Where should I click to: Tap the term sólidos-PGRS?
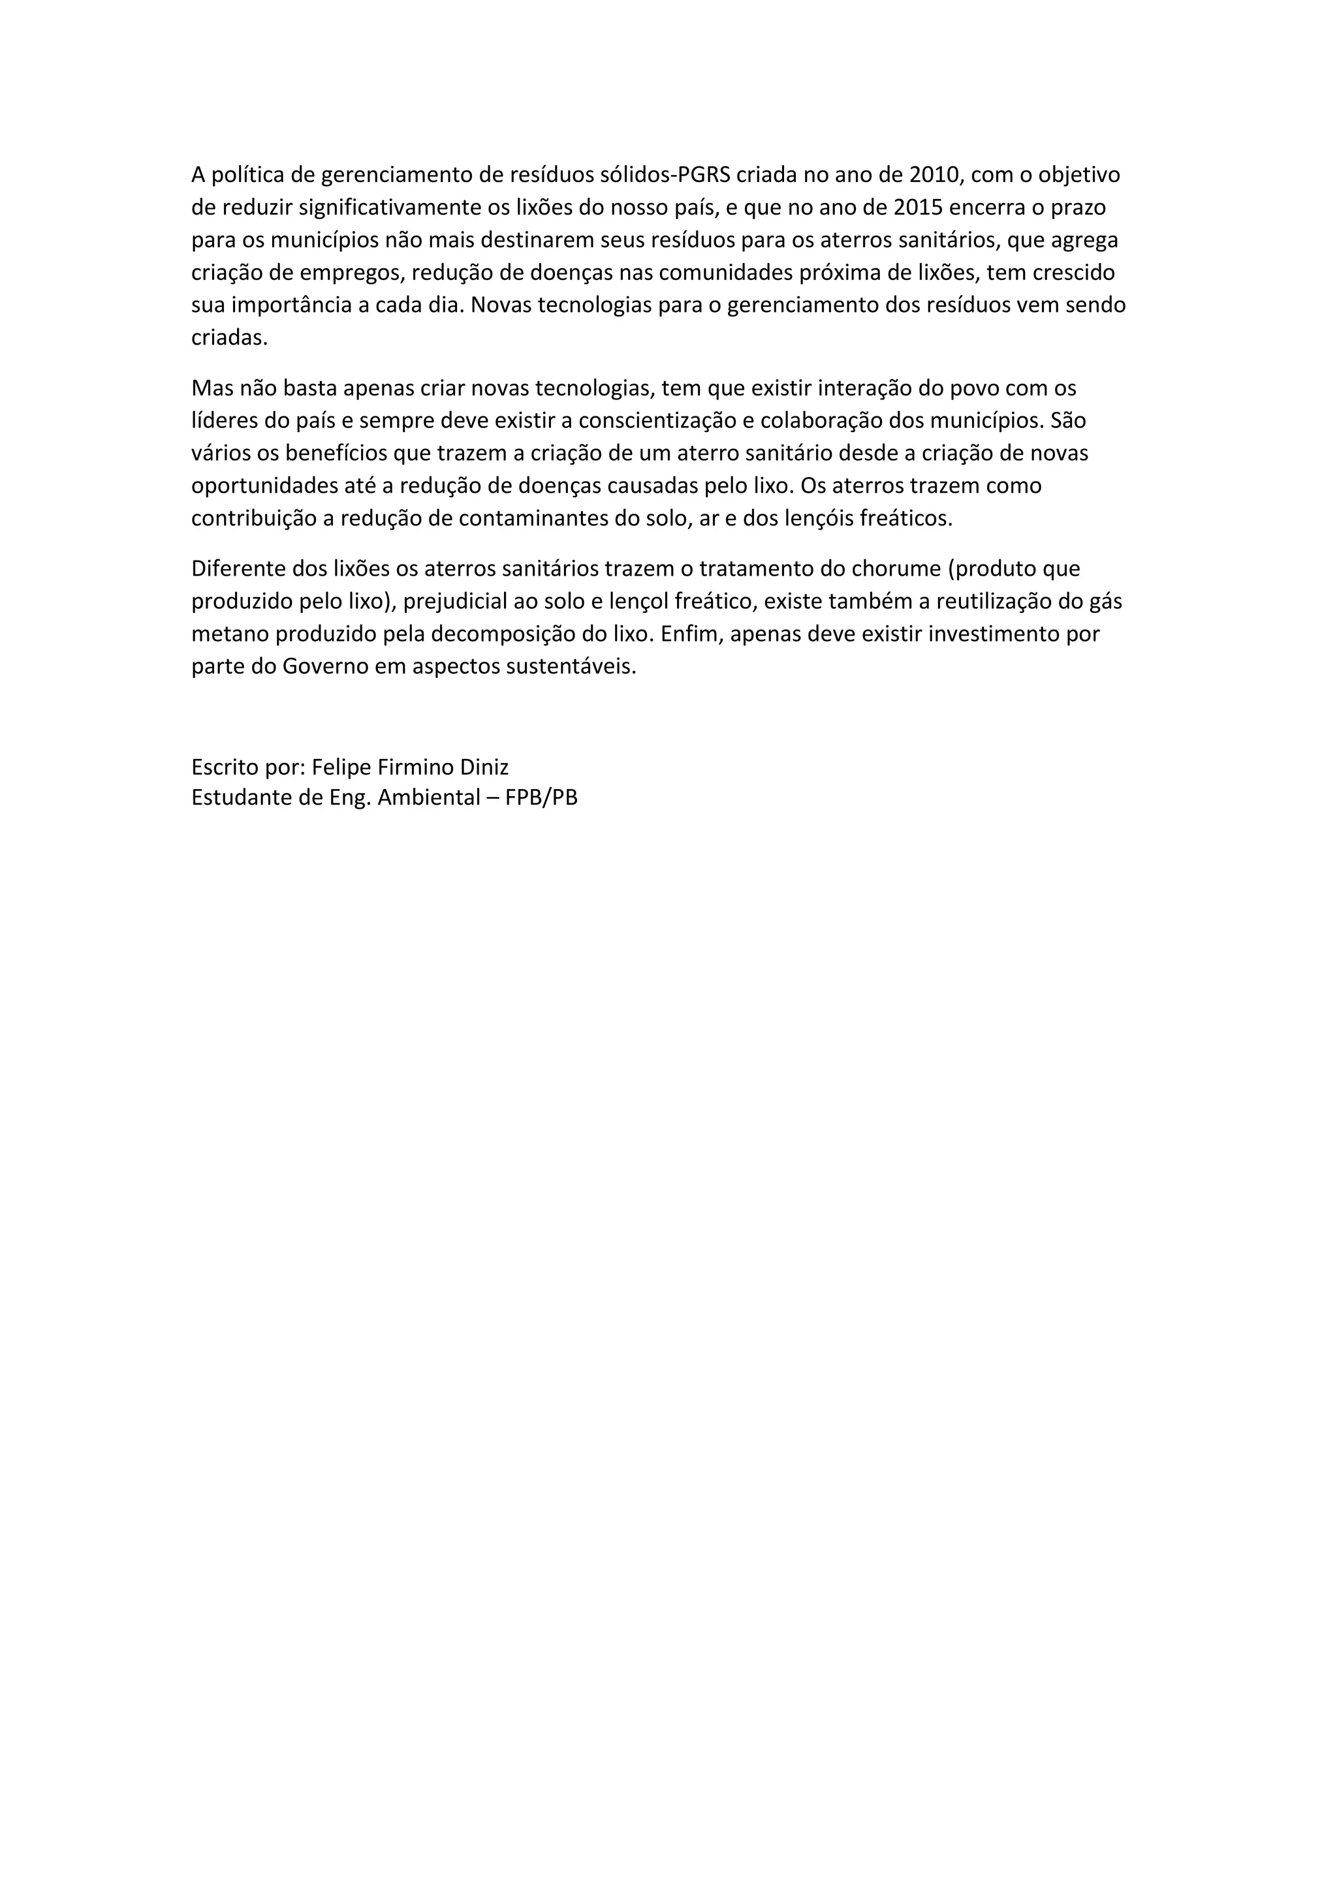coord(665,176)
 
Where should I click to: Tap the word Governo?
coord(325,667)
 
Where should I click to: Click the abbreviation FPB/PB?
coord(542,798)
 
